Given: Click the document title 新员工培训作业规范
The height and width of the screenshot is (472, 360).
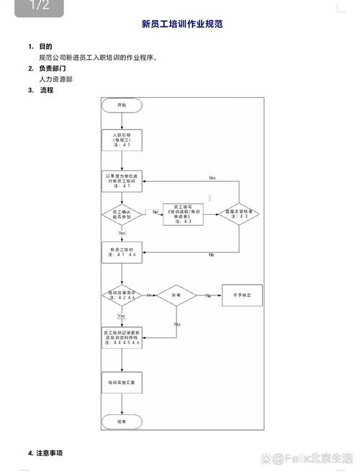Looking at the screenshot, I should [x=181, y=25].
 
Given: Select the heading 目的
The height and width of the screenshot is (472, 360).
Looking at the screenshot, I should [x=45, y=46].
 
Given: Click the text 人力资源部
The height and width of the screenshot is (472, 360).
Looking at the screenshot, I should [x=55, y=79].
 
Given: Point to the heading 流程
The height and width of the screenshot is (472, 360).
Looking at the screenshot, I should [x=46, y=91].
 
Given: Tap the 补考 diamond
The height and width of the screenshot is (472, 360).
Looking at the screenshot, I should [x=176, y=295].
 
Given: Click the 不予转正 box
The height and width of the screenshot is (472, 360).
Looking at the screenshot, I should [x=238, y=295].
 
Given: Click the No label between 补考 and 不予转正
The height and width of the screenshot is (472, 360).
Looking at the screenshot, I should [x=209, y=296].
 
